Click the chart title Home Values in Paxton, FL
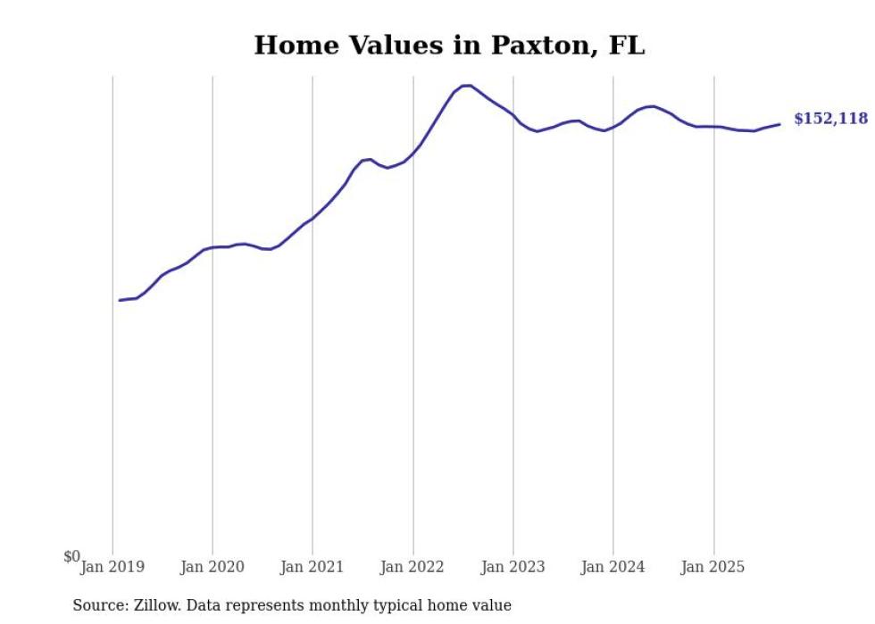[x=449, y=46]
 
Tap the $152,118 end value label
[x=829, y=119]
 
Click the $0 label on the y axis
[x=71, y=557]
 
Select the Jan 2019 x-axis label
[x=112, y=567]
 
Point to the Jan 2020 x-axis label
[x=212, y=567]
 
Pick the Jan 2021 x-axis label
[x=312, y=567]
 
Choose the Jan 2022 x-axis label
[x=412, y=567]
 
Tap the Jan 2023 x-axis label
[x=512, y=567]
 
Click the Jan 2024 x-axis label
[x=613, y=567]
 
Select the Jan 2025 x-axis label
[x=713, y=567]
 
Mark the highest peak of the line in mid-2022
[x=466, y=85]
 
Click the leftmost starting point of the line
[x=120, y=300]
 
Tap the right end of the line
[x=779, y=124]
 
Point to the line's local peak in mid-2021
[x=369, y=159]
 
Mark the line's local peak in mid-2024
[x=652, y=106]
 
